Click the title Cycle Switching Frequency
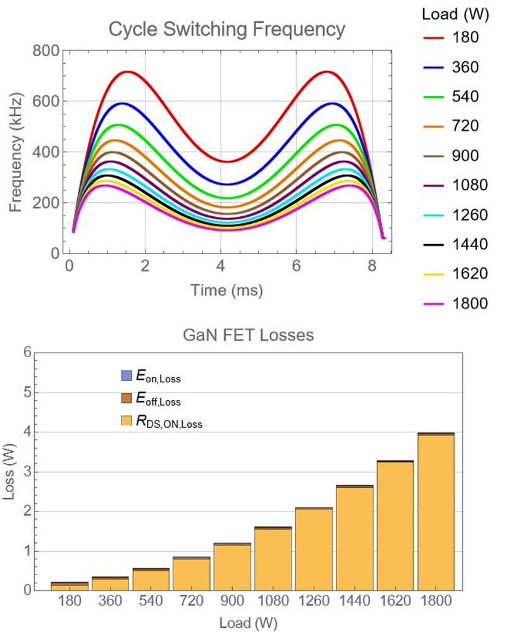227,29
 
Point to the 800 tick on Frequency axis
49,51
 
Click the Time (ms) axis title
226,290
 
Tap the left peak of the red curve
127,71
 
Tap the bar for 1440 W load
354,537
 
